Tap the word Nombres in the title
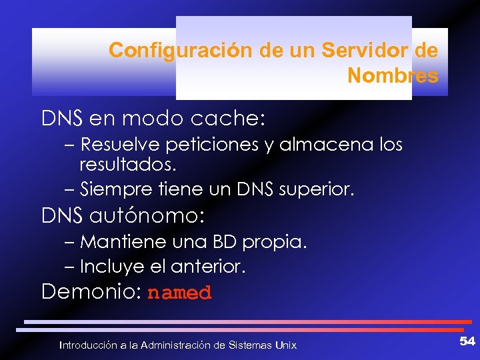pyautogui.click(x=393, y=76)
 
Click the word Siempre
pyautogui.click(x=110, y=189)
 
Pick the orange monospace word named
pyautogui.click(x=179, y=293)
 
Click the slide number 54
pyautogui.click(x=467, y=341)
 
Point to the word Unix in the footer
pyautogui.click(x=285, y=345)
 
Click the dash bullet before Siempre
pyautogui.click(x=70, y=190)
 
